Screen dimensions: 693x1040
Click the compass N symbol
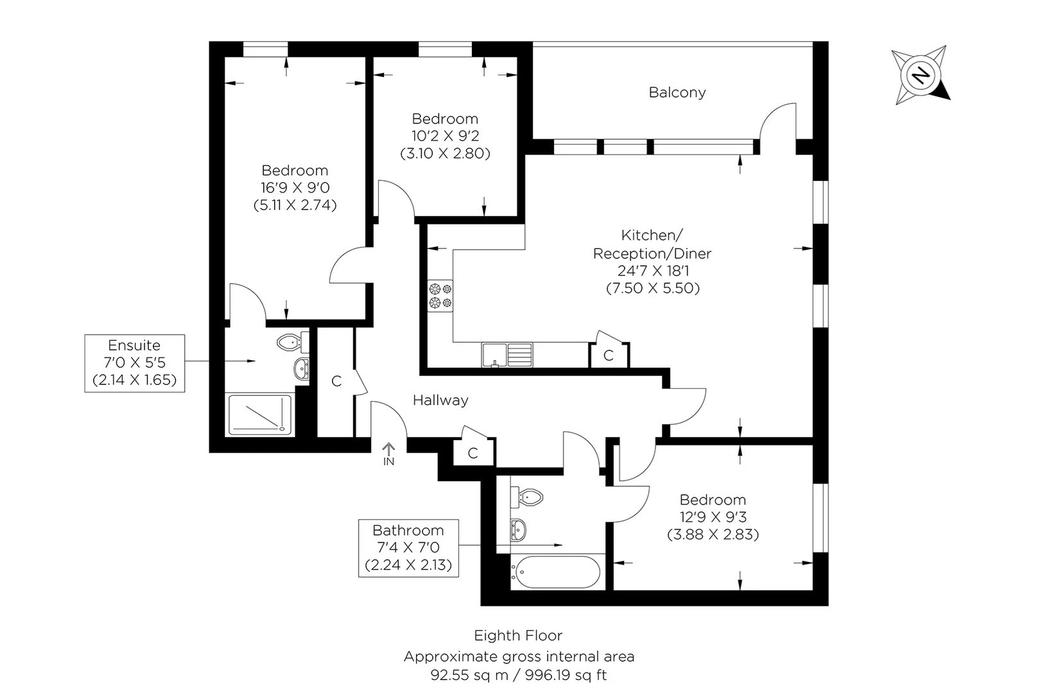(921, 76)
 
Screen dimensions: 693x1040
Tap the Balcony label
(677, 92)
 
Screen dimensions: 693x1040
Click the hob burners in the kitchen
(440, 296)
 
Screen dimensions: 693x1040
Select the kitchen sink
(507, 355)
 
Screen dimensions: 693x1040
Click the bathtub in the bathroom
(556, 572)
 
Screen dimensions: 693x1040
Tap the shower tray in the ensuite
(260, 414)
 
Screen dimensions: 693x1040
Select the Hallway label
(440, 400)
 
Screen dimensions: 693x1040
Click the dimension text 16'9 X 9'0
(295, 188)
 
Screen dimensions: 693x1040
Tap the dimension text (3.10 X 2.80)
(445, 153)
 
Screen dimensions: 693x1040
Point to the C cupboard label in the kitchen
(609, 355)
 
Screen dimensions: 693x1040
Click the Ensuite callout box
(135, 363)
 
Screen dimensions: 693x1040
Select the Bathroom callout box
(408, 548)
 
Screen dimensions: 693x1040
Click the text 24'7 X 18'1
(652, 271)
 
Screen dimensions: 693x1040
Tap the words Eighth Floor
(518, 636)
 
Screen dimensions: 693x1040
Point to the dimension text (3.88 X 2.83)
(713, 534)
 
